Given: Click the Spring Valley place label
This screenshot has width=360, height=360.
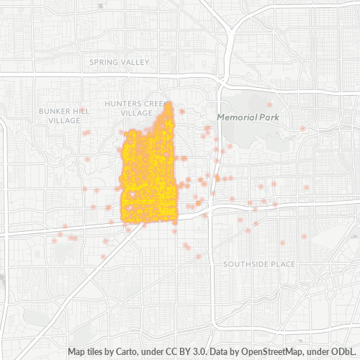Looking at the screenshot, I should point(119,63).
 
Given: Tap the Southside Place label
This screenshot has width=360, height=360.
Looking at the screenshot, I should point(258,264).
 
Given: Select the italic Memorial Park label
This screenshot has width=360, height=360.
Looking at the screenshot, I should point(247,117).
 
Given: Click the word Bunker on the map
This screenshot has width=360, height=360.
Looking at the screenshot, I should point(55,112).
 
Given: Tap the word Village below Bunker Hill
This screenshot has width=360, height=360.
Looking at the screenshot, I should point(64,120).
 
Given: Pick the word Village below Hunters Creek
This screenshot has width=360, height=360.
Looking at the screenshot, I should point(137,112).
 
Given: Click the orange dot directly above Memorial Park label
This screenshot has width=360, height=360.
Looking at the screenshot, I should point(270,104).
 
